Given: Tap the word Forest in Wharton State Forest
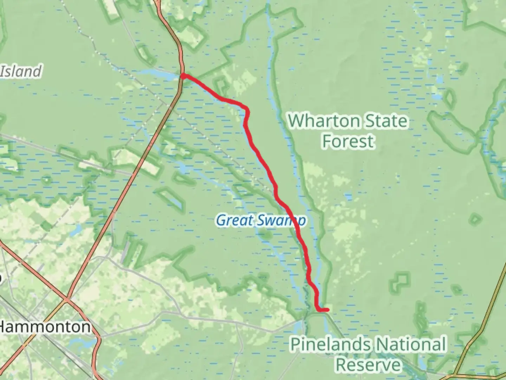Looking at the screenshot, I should pyautogui.click(x=348, y=141).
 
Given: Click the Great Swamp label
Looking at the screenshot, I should pyautogui.click(x=260, y=221).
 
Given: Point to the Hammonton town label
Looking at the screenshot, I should pyautogui.click(x=45, y=327).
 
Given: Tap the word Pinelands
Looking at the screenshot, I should pyautogui.click(x=329, y=344).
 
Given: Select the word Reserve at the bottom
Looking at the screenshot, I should pyautogui.click(x=368, y=365).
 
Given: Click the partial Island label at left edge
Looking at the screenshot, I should pyautogui.click(x=20, y=71).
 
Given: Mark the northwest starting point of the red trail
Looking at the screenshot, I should pyautogui.click(x=183, y=75).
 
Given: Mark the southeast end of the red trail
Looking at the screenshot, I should pyautogui.click(x=327, y=310).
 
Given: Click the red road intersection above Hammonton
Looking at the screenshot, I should pyautogui.click(x=67, y=300).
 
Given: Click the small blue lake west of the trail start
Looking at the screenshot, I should pyautogui.click(x=158, y=74).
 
